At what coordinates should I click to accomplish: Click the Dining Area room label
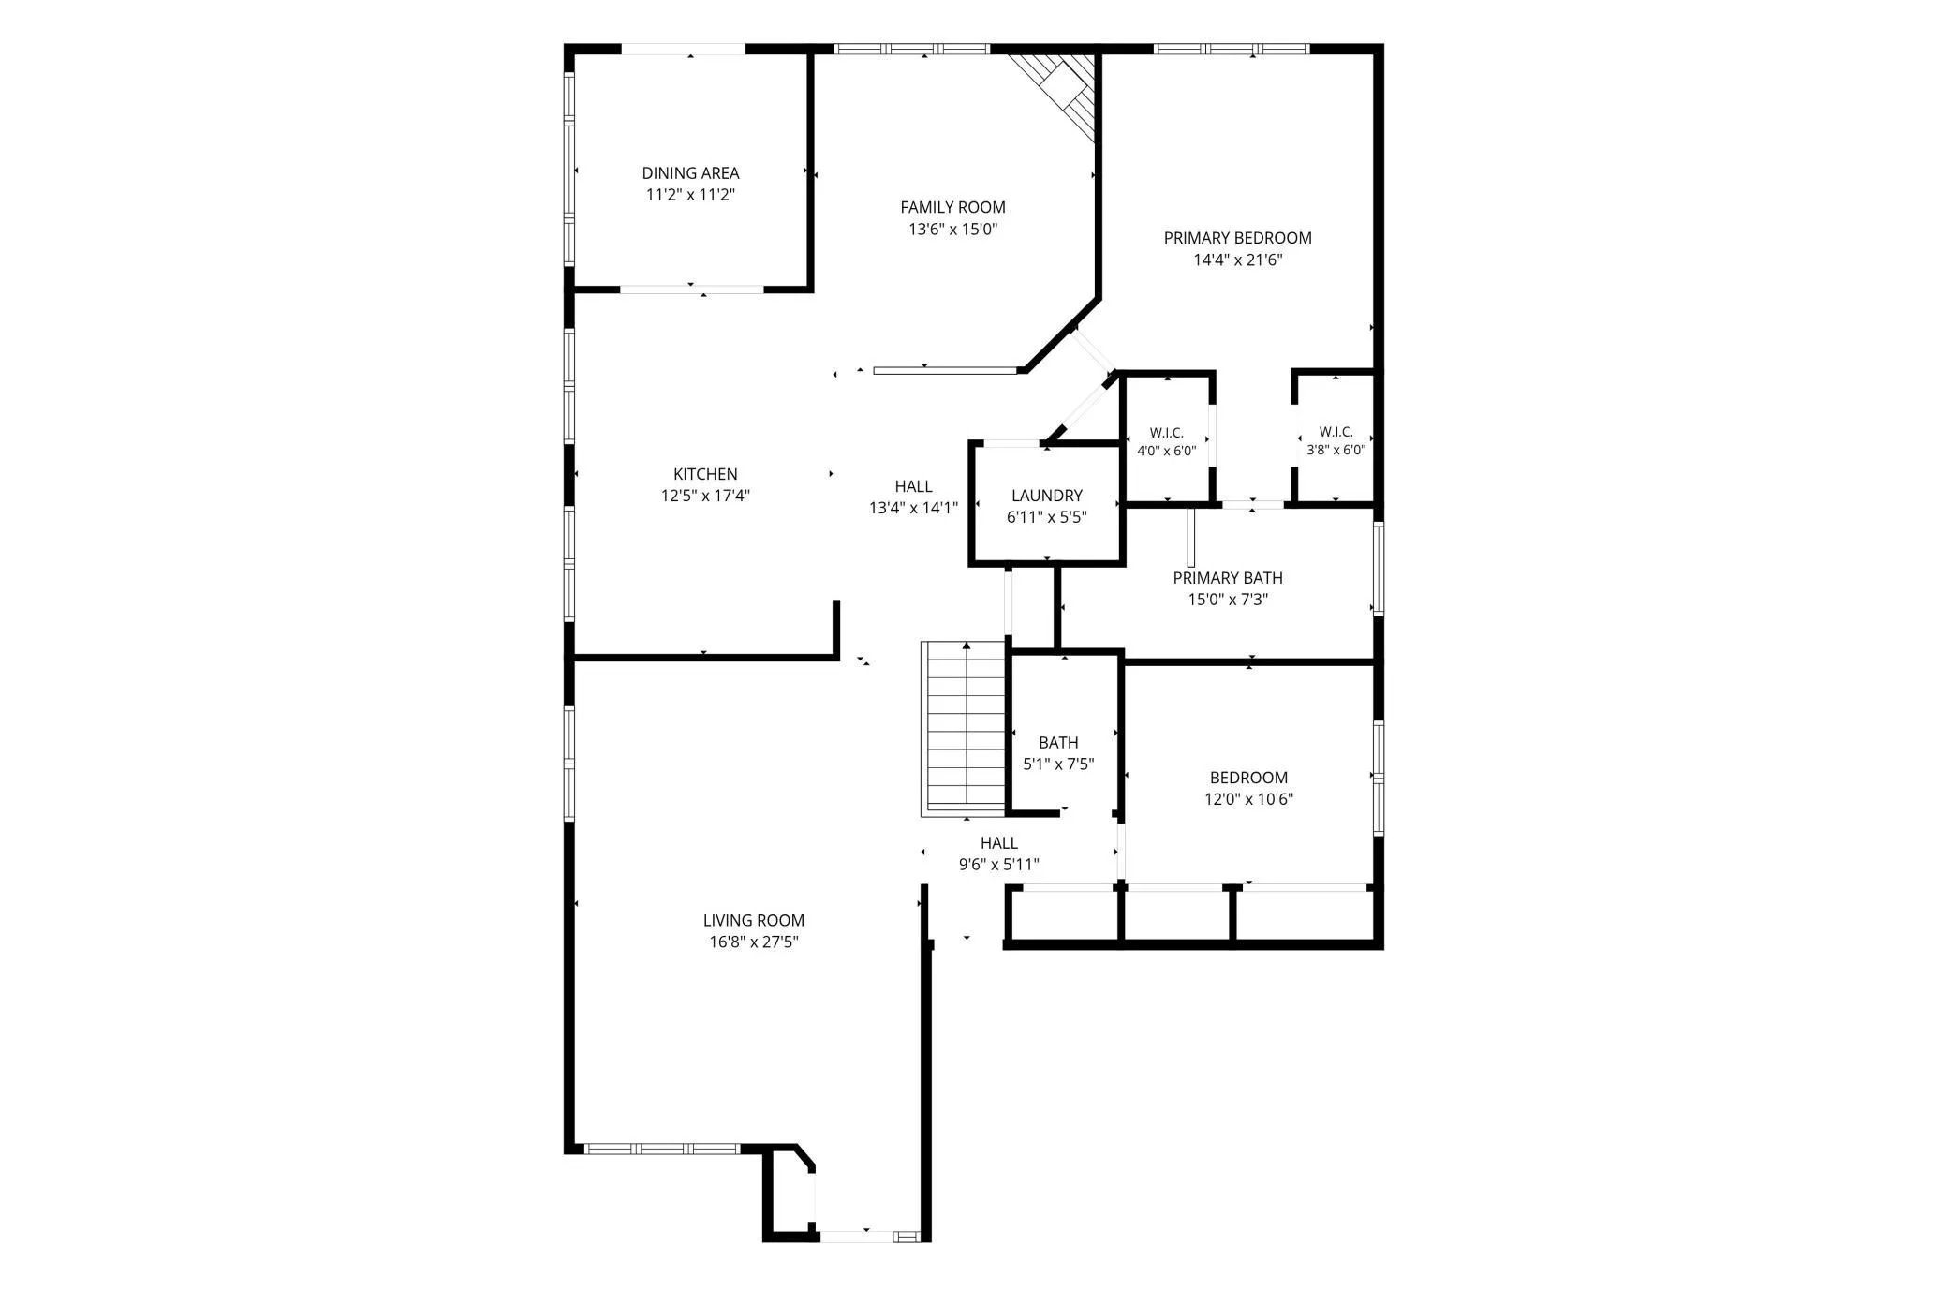tap(690, 173)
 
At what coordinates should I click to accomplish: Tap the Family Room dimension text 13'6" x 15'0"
tap(953, 230)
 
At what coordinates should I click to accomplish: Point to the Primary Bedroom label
tap(1237, 238)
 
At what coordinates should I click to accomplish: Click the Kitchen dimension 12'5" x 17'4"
tap(705, 497)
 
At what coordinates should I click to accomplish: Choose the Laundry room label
tap(1047, 496)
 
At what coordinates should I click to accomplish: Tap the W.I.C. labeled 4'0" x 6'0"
tap(1167, 441)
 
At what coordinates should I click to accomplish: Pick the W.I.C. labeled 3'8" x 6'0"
tap(1336, 441)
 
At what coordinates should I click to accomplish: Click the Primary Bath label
tap(1228, 578)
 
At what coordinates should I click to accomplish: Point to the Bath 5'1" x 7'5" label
tap(1058, 753)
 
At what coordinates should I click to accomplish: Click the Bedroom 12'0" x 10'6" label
tap(1248, 788)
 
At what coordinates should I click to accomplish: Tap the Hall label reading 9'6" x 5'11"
tap(999, 853)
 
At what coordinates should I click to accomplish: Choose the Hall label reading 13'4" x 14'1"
tap(913, 497)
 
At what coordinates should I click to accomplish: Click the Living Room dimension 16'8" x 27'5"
tap(754, 942)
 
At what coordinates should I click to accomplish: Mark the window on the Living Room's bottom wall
tap(662, 1149)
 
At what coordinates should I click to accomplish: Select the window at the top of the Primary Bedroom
tap(1231, 49)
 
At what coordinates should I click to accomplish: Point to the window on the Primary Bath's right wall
tap(1378, 569)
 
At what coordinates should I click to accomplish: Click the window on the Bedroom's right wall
tap(1378, 778)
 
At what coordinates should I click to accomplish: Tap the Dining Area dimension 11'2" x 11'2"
tap(690, 195)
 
